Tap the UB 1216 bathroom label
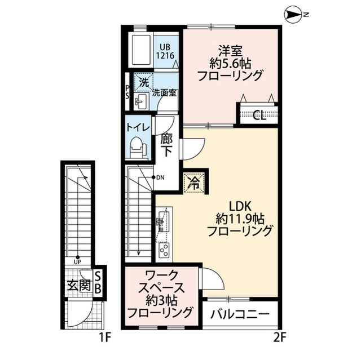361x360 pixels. coord(166,52)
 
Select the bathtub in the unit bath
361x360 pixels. coord(139,51)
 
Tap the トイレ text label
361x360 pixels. coord(138,127)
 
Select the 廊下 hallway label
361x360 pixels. coord(166,145)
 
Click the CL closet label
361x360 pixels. coord(259,116)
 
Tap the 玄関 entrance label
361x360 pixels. coord(78,285)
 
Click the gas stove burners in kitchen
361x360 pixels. coord(164,249)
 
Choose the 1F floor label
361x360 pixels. coord(102,338)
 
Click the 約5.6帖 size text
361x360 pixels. coord(231,62)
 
